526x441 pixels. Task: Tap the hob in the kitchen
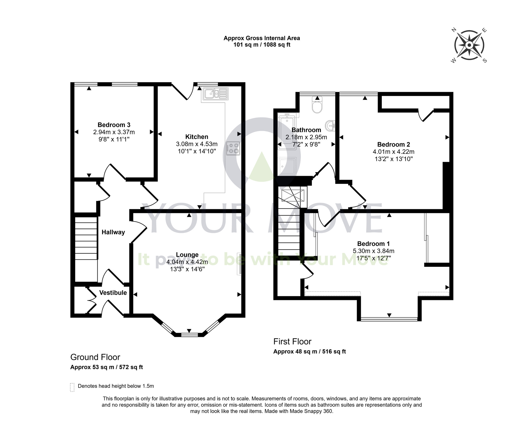(x=233, y=148)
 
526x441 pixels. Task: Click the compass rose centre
(x=469, y=46)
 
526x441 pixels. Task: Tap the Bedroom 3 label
(x=114, y=125)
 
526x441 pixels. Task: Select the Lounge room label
(x=187, y=255)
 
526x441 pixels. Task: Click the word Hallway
(x=113, y=232)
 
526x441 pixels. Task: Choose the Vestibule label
(x=113, y=293)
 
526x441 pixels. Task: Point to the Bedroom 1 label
(x=373, y=244)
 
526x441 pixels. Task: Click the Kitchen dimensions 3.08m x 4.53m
(x=197, y=144)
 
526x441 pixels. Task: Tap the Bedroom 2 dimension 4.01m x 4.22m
(x=393, y=152)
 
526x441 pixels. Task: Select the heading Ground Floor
(x=95, y=357)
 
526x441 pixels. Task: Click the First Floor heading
(x=292, y=342)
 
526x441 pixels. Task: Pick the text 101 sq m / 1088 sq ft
(x=262, y=45)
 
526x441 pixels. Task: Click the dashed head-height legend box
(x=72, y=387)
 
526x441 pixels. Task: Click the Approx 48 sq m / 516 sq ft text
(x=310, y=352)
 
